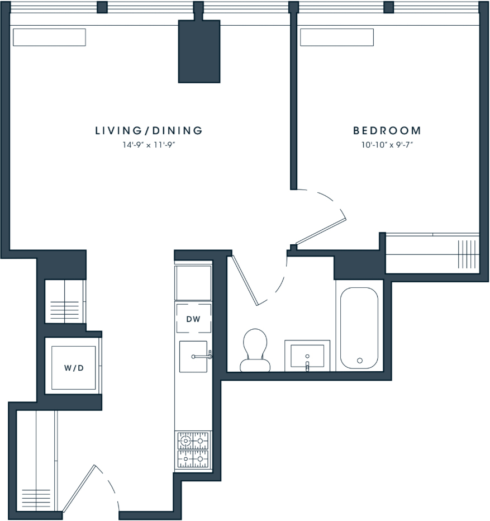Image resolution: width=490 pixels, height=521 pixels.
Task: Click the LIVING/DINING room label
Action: click(x=149, y=131)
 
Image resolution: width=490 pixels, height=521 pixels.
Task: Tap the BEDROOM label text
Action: click(x=387, y=131)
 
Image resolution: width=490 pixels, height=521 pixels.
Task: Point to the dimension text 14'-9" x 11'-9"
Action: click(x=149, y=145)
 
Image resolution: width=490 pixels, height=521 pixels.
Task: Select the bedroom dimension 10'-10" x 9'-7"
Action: click(x=387, y=145)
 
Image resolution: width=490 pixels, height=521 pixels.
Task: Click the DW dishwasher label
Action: click(x=193, y=319)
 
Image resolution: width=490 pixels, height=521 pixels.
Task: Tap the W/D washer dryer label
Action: click(x=74, y=368)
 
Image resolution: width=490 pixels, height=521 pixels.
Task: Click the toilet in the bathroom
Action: click(x=255, y=350)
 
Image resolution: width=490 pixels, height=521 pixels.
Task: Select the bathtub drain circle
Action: click(x=359, y=361)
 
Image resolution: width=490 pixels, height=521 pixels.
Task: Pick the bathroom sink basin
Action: click(x=307, y=356)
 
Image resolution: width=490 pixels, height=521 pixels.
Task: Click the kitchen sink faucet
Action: click(x=202, y=356)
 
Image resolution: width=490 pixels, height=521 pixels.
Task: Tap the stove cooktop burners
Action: click(x=193, y=450)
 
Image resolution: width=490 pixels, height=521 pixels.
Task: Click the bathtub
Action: click(x=359, y=328)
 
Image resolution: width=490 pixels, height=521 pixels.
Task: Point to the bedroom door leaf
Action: click(x=321, y=231)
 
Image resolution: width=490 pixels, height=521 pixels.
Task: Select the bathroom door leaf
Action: click(x=245, y=280)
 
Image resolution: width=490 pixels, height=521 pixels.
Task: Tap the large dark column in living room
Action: click(x=199, y=51)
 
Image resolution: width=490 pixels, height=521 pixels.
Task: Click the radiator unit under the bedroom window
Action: click(x=337, y=37)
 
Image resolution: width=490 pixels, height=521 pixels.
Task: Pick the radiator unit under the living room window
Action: click(x=50, y=37)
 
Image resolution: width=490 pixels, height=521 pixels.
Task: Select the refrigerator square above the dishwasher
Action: click(x=193, y=283)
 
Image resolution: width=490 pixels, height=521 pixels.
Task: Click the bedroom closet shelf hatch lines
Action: click(x=467, y=254)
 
